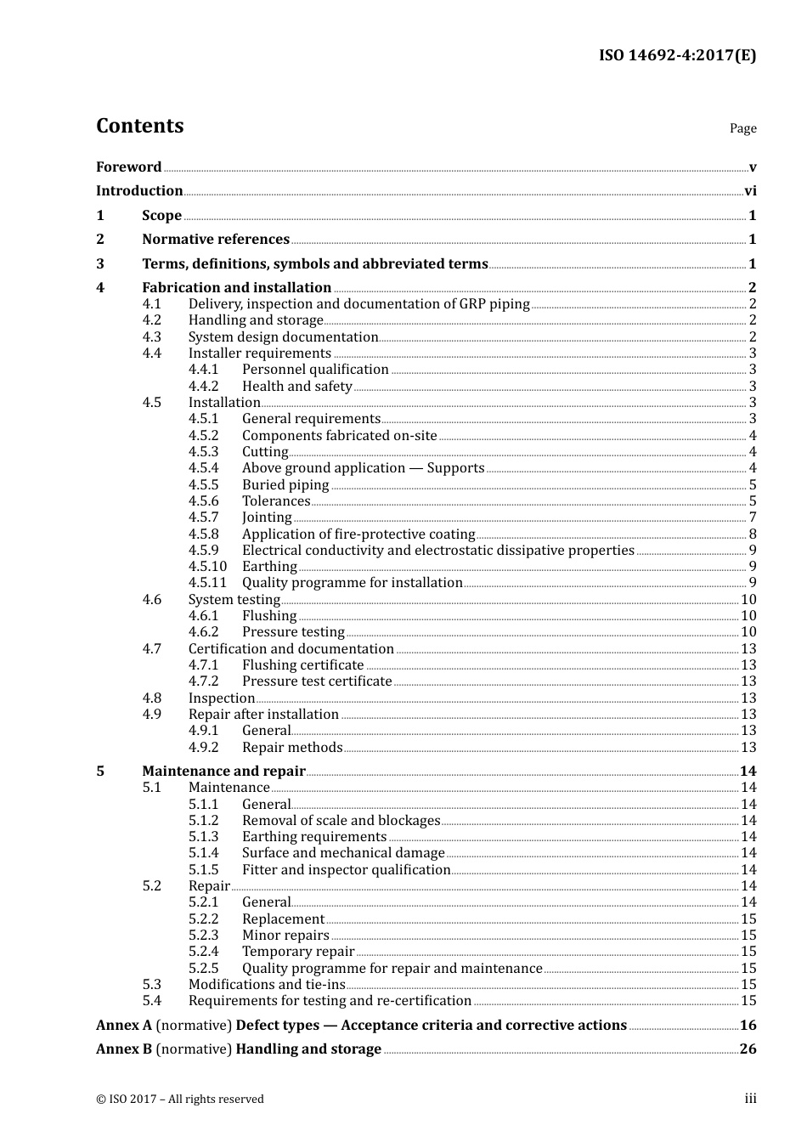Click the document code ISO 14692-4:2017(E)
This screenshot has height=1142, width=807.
(677, 55)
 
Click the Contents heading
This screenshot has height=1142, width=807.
(139, 126)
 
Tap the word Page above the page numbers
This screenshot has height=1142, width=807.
(742, 128)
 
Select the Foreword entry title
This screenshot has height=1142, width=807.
(128, 167)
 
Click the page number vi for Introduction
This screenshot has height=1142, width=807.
(750, 191)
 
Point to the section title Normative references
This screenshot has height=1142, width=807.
(216, 240)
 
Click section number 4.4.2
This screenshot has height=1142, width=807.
(203, 386)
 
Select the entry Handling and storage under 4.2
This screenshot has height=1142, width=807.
(256, 320)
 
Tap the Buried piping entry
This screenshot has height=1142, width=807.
(285, 484)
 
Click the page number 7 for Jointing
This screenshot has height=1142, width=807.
(753, 517)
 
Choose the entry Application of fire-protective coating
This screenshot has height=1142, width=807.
(358, 534)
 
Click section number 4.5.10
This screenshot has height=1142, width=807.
(207, 567)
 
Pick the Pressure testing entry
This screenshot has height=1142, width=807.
(293, 632)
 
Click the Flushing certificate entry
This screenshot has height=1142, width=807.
(302, 665)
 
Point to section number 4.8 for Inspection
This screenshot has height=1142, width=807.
(151, 698)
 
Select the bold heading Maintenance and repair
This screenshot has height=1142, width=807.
(223, 771)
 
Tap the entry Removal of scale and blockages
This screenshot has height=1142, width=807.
(341, 821)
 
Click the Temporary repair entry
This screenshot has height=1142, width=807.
(298, 952)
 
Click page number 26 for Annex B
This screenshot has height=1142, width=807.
(748, 1049)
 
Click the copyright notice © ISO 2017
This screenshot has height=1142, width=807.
(179, 1099)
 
